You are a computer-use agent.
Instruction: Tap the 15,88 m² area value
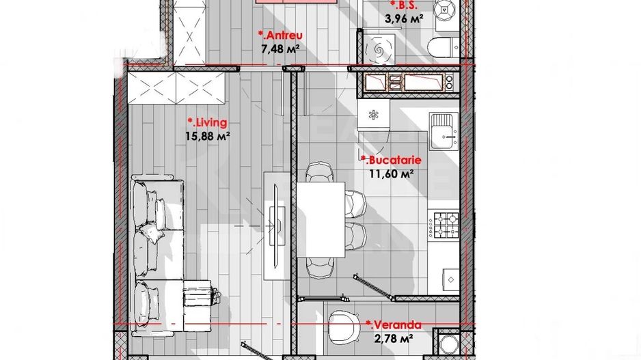click(207, 136)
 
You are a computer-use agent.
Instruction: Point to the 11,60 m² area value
click(392, 174)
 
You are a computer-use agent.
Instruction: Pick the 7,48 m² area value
click(280, 49)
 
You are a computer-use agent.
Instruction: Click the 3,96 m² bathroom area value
click(407, 19)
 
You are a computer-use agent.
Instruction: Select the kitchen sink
click(444, 130)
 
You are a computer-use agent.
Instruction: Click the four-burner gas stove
click(443, 225)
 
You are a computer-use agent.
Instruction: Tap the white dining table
click(320, 219)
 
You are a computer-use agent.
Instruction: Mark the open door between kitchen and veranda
click(373, 286)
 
